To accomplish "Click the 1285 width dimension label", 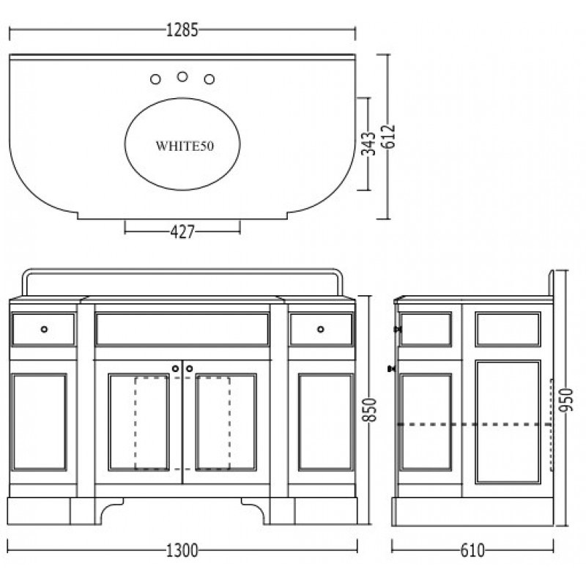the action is click(182, 30).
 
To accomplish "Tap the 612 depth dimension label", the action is click(390, 136).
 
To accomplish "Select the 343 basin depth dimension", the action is click(368, 143).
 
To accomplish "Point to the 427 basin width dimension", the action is click(182, 232).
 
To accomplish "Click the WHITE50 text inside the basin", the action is click(185, 146).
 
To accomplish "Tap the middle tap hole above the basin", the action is click(182, 77).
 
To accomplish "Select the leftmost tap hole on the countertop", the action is click(155, 79).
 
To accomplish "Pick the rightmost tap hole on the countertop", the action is click(209, 79).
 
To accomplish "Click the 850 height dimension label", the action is click(370, 410).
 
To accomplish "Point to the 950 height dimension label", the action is click(565, 400).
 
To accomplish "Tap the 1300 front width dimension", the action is click(182, 551).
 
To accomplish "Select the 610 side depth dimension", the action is click(472, 551).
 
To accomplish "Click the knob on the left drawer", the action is click(45, 329).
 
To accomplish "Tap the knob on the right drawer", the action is click(321, 329).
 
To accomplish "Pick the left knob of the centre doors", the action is click(175, 369).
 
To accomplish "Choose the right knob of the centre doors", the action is click(190, 369).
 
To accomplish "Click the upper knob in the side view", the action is click(398, 329).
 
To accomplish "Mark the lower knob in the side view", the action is click(392, 369).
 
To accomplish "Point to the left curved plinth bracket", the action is click(109, 509).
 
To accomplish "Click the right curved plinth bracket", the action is click(255, 509).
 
